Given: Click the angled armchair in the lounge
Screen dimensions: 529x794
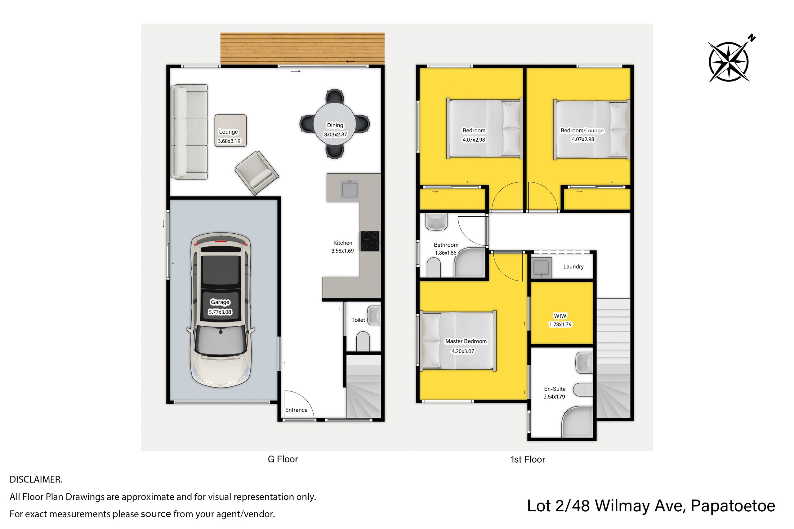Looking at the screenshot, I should (257, 173).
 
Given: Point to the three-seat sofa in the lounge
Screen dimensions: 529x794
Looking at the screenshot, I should (189, 132).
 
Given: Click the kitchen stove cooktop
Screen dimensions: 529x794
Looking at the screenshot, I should (370, 241).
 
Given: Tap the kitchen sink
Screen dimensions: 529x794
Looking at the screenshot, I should (350, 189).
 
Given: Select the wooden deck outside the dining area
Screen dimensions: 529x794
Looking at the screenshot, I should (302, 48).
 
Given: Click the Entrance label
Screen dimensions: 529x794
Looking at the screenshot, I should (296, 410).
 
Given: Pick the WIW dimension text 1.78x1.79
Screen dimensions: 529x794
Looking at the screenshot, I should (560, 324).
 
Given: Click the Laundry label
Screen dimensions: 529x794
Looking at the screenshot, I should (573, 267).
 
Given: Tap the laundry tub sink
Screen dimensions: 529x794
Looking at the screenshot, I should (541, 268).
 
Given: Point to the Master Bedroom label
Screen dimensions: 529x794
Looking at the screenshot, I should (466, 341).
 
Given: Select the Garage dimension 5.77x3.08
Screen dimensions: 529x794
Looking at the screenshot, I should (220, 312).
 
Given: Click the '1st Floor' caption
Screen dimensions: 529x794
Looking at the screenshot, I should (528, 460).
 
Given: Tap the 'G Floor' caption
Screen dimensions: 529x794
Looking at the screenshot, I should (283, 459).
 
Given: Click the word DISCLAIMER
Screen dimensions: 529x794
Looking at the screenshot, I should (36, 479).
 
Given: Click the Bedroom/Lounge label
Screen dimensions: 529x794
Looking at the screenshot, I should (582, 130).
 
